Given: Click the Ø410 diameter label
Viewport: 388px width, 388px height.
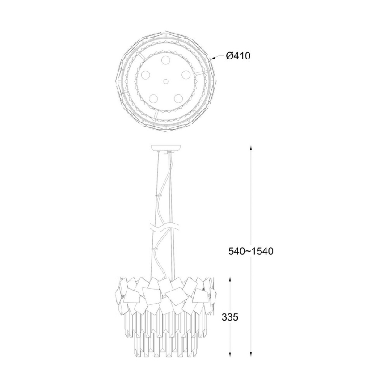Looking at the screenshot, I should (x=238, y=56).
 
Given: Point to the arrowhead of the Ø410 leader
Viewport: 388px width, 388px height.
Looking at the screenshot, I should (x=212, y=59).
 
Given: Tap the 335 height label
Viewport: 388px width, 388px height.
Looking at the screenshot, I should (x=230, y=317).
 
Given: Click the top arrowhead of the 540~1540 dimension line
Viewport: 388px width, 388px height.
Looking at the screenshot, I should (x=252, y=148).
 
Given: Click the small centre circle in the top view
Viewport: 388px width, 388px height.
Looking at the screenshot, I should (x=166, y=82).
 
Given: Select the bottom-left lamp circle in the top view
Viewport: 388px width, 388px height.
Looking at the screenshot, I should (x=153, y=98).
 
